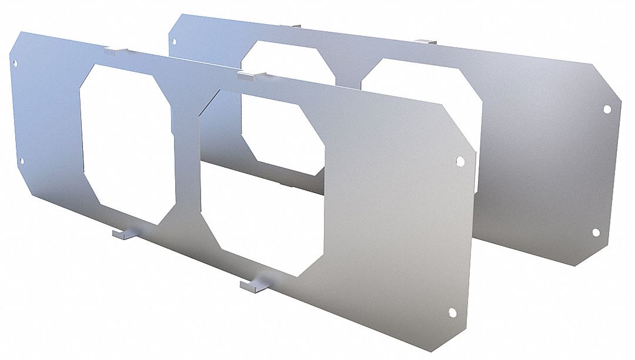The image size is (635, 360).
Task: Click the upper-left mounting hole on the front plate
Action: click(15, 66)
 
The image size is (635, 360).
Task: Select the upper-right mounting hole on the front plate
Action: click(460, 160)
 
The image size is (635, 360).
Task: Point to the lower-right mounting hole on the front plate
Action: click(452, 312)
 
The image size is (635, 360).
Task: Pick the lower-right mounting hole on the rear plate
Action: click(596, 233)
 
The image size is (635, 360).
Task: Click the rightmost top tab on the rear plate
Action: click(427, 41)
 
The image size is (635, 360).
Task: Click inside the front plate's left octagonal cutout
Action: click(126, 141)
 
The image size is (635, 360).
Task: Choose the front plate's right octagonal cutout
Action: click(265, 182)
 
